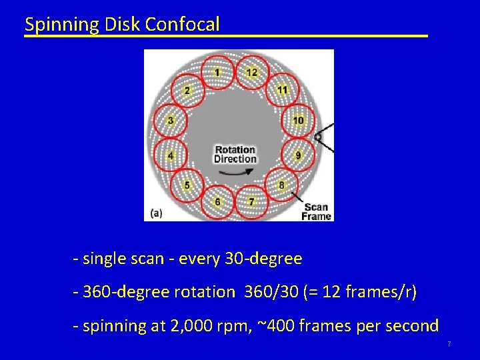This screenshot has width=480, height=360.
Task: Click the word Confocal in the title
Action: [182, 25]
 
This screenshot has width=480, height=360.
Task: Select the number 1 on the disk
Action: [217, 72]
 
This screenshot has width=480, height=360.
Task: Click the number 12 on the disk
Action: [251, 72]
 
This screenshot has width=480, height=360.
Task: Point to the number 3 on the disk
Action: [171, 121]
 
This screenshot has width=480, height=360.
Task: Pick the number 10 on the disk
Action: [297, 120]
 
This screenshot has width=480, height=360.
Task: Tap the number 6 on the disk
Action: [217, 201]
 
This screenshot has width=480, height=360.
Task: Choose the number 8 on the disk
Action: [281, 185]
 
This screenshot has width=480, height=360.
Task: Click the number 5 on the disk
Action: [187, 185]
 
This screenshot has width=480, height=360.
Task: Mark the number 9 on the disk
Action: [298, 155]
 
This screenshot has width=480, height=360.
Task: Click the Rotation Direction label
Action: [235, 154]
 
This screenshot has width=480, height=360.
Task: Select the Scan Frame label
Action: [316, 211]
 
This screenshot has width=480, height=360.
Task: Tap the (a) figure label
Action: [155, 213]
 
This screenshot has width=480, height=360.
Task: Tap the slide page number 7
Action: [449, 344]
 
